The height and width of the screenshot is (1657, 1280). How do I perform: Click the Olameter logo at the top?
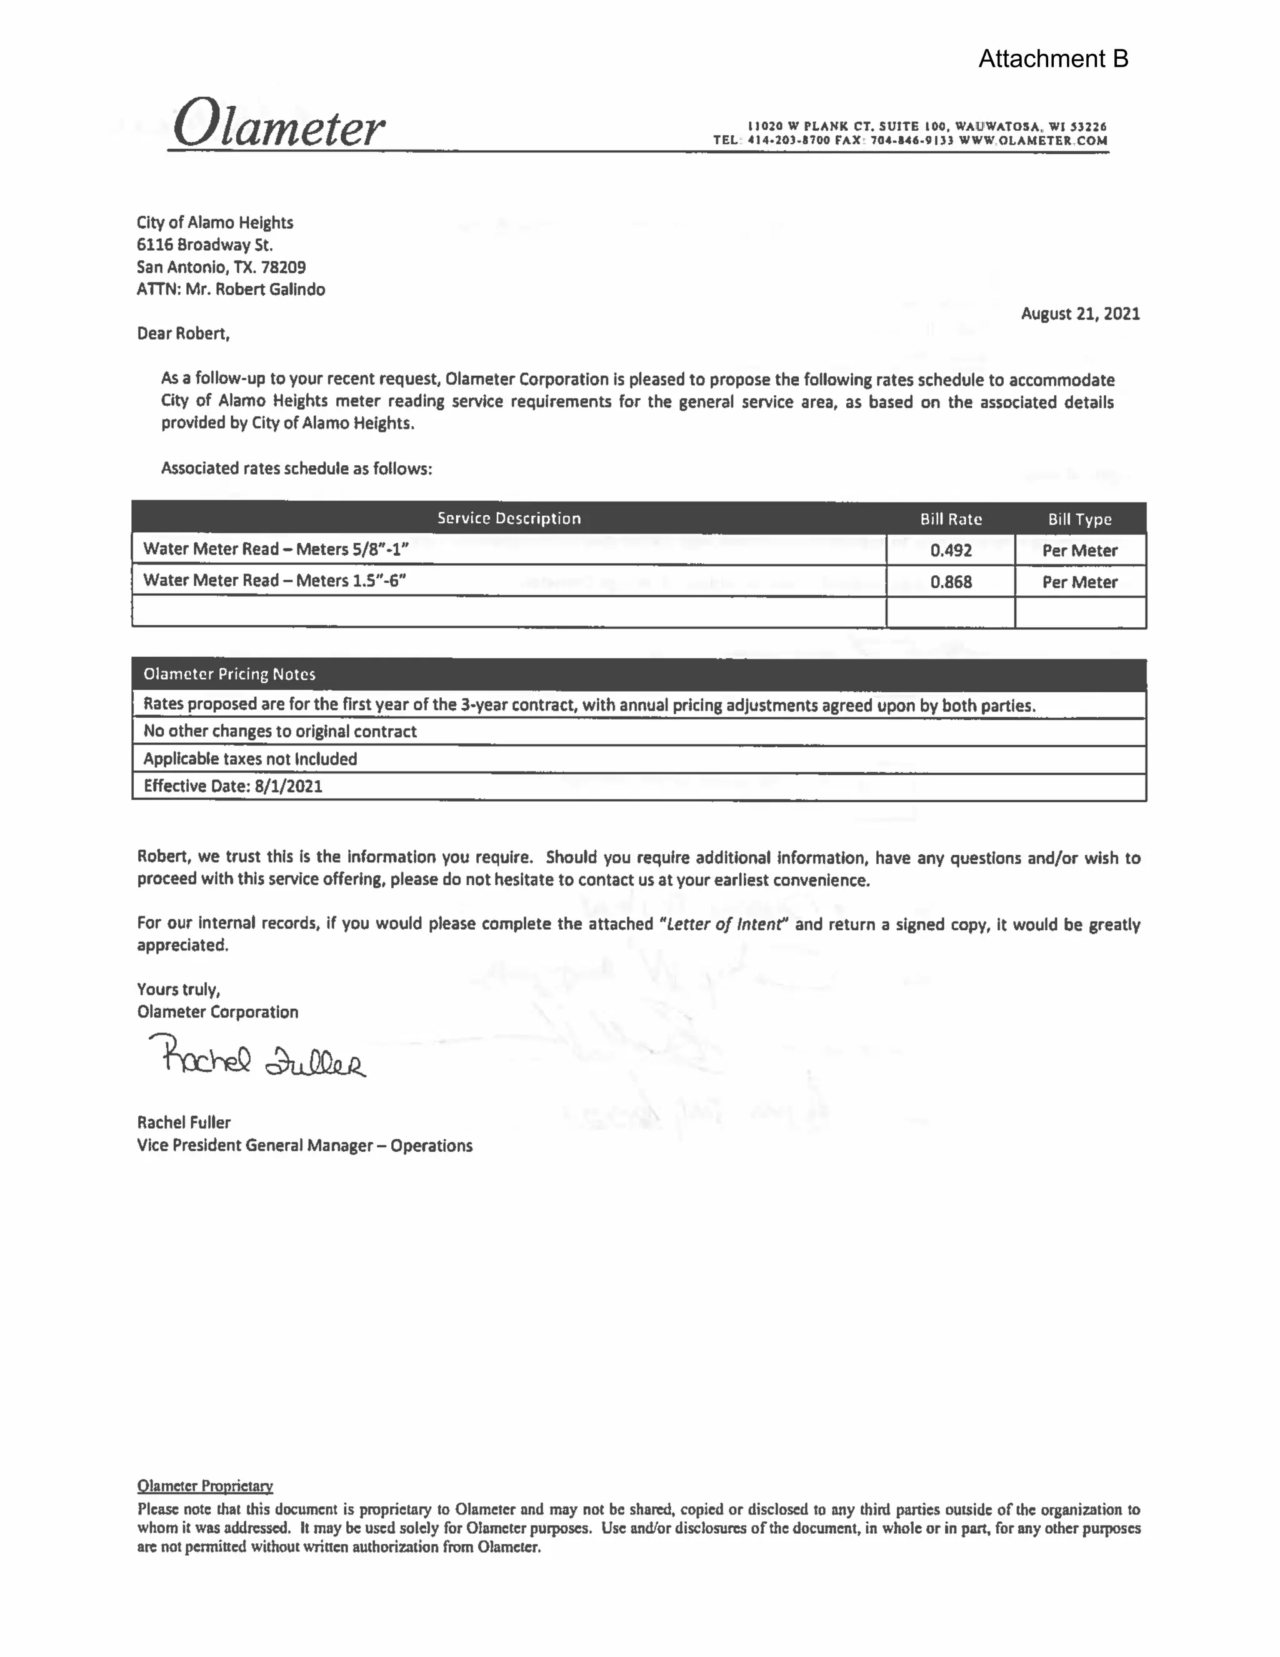pos(277,124)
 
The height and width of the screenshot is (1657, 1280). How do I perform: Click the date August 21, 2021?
pos(1080,313)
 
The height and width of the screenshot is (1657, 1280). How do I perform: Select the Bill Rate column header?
pos(951,519)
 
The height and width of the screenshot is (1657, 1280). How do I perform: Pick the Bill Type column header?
pos(1080,519)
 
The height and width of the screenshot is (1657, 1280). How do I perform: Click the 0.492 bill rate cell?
pos(951,550)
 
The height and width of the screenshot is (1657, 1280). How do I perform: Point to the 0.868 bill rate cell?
pos(951,582)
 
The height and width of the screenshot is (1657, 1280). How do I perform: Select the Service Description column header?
pos(509,518)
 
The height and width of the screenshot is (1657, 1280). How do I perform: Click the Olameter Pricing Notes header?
pos(229,673)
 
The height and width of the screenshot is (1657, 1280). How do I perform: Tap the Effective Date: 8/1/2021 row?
pos(232,786)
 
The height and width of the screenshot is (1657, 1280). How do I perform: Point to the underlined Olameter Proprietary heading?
pos(205,1486)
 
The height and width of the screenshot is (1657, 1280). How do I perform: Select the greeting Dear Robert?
pos(182,334)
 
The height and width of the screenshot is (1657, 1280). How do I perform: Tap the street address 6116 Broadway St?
pos(205,244)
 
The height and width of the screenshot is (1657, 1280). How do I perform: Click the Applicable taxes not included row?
pos(250,758)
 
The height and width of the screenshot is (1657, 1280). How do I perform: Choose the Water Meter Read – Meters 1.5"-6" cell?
pos(274,580)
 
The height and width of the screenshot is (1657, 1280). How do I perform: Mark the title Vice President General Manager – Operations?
pos(304,1145)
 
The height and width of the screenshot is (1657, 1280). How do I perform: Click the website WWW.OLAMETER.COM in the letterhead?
pos(1032,140)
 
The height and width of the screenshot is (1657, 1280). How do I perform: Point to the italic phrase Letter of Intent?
pos(724,924)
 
